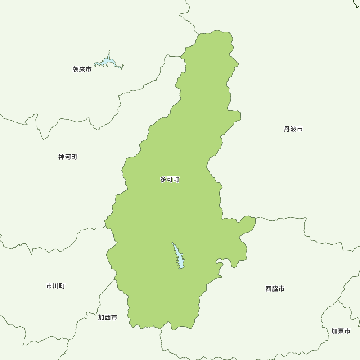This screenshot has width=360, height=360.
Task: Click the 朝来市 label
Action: (x=82, y=69)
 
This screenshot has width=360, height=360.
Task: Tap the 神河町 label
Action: (x=68, y=157)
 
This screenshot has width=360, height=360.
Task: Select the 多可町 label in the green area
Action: (x=170, y=179)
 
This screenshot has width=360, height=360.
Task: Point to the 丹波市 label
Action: (x=293, y=129)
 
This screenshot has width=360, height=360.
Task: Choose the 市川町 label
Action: (x=55, y=286)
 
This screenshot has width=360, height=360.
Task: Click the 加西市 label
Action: (x=107, y=318)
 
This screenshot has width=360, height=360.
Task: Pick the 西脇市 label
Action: (x=275, y=289)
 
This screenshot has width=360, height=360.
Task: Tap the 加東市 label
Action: (x=341, y=331)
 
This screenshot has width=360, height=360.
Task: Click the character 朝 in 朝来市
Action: (x=76, y=69)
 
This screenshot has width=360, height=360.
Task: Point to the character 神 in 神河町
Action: (x=62, y=157)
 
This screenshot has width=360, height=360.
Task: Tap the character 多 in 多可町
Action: (x=163, y=179)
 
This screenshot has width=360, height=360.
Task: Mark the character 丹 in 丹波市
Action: (x=287, y=129)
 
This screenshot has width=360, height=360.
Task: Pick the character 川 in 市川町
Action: (x=55, y=286)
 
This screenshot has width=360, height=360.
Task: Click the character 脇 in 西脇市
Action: (x=275, y=289)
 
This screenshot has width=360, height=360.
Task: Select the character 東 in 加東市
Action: (x=341, y=331)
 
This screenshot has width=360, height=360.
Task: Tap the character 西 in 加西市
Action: (x=107, y=318)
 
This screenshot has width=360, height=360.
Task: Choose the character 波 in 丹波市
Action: (x=293, y=129)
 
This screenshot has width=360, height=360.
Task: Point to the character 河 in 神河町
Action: (x=68, y=157)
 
